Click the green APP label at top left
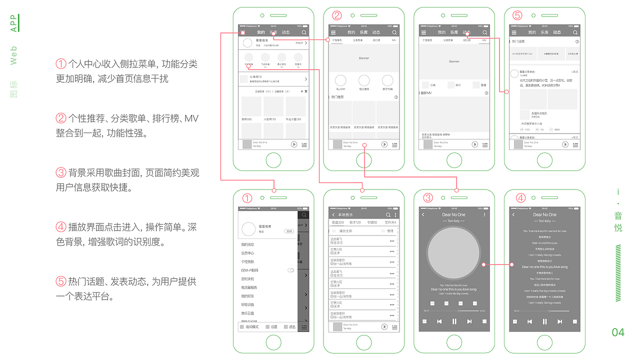click(13, 23)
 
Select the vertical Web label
click(13, 55)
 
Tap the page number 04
click(618, 332)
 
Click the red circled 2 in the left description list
click(61, 118)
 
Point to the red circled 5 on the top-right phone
click(517, 15)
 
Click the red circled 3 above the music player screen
click(427, 197)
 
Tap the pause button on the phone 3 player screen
click(454, 321)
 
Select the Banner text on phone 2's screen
click(363, 58)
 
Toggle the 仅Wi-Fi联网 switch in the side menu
click(290, 270)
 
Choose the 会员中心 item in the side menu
click(247, 253)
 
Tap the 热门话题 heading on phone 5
click(518, 41)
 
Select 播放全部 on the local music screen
click(346, 231)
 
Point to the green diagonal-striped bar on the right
click(618, 272)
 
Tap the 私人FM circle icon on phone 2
click(340, 80)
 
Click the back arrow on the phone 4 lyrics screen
click(513, 214)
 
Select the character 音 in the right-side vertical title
click(618, 216)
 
